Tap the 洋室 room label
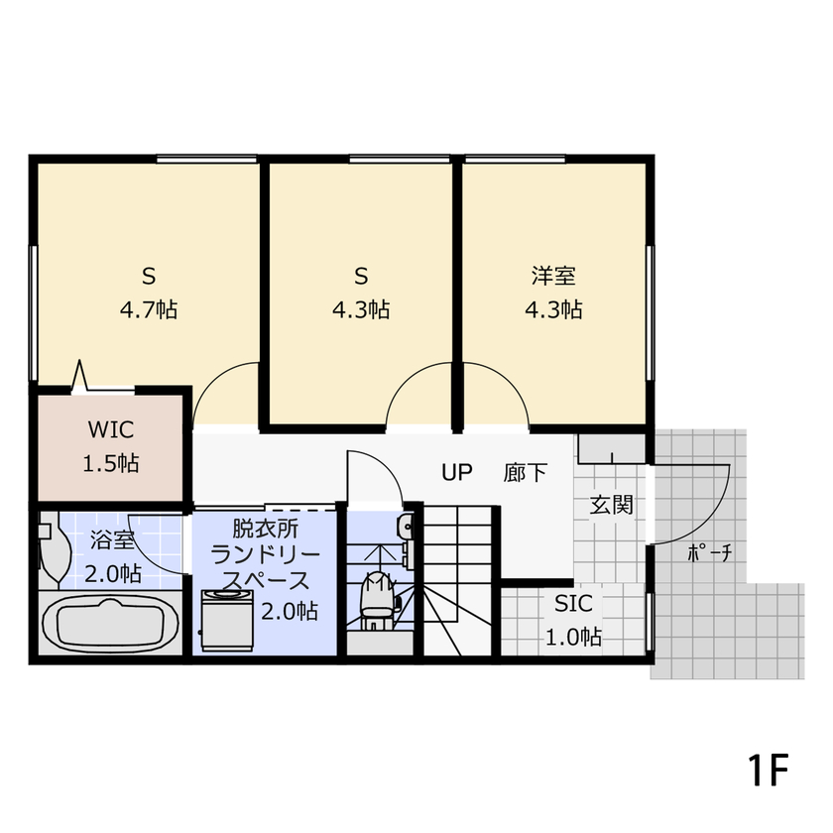(552, 275)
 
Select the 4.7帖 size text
(149, 309)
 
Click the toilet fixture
(376, 599)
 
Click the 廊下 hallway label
(525, 472)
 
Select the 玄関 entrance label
(611, 504)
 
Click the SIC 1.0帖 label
(573, 619)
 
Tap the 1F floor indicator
(768, 769)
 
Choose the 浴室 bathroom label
(112, 541)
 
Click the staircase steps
(458, 585)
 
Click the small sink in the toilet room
(404, 526)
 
